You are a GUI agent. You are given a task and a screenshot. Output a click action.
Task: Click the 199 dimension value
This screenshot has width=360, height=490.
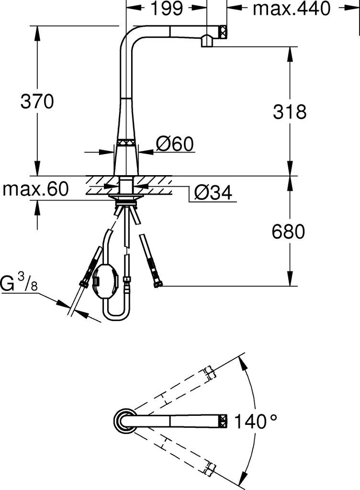(167, 9)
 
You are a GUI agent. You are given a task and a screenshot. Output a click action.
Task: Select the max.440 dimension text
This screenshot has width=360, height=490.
(292, 9)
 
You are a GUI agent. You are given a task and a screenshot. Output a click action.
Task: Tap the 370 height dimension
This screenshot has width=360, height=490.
(37, 101)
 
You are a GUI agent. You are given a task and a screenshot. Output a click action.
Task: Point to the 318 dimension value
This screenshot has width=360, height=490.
(290, 111)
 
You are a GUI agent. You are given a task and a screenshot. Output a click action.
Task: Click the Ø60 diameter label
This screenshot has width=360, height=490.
(175, 144)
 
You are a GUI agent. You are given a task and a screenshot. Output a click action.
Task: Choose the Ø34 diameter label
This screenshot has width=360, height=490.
(214, 192)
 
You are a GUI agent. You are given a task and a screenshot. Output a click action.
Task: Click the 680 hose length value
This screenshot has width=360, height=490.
(288, 232)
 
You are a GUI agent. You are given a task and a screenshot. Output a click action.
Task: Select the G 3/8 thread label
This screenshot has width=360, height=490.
(19, 283)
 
